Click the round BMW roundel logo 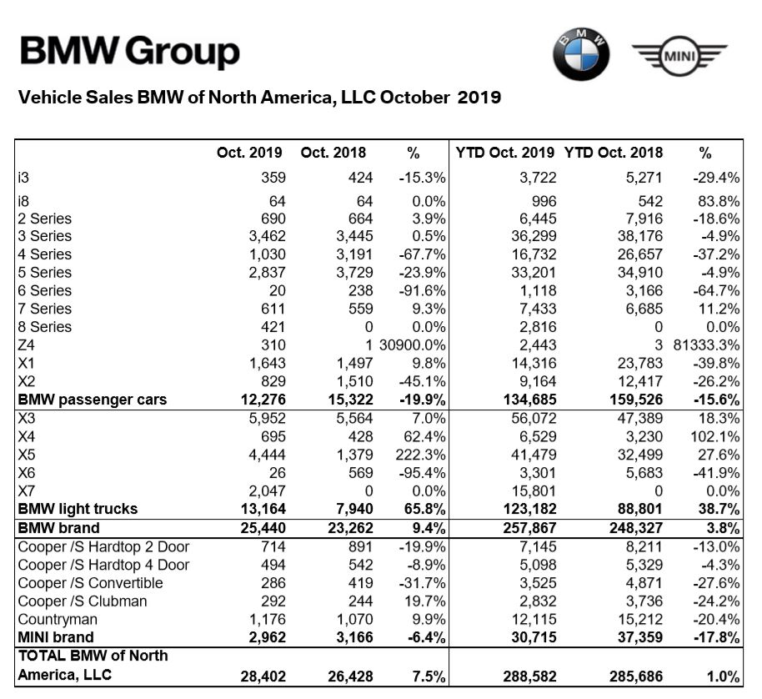coord(581,53)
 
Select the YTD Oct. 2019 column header coord(505,153)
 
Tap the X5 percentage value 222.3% coord(419,454)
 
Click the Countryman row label coord(57,620)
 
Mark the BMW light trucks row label coord(78,508)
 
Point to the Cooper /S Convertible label coord(90,583)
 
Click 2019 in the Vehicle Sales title coord(479,98)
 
